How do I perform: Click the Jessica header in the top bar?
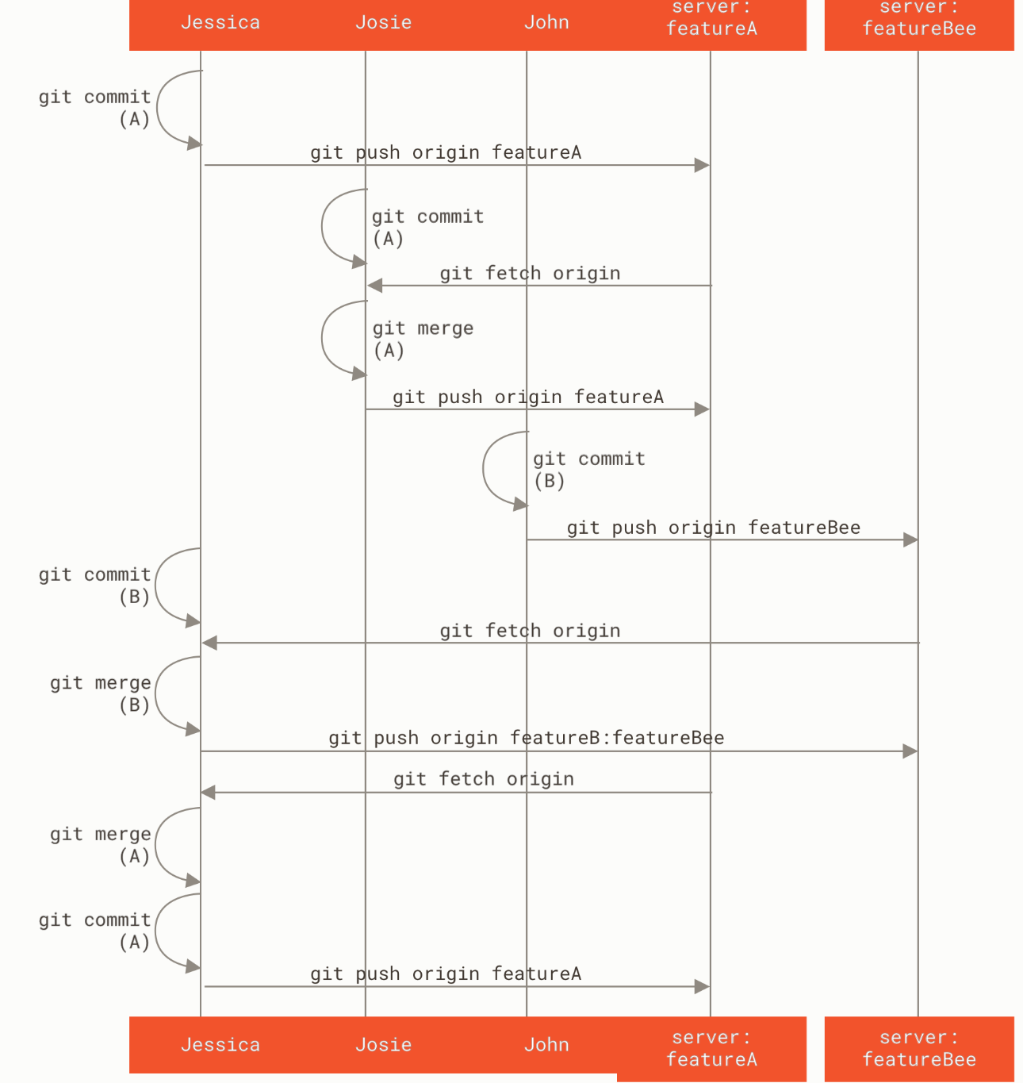point(220,22)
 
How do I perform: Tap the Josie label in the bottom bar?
point(383,1044)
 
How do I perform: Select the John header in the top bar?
point(546,22)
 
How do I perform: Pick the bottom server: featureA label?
point(711,1048)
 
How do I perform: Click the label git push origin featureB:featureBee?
point(526,738)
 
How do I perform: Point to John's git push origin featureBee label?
point(713,528)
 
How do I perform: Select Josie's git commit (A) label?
point(427,228)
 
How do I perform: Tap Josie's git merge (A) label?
point(423,340)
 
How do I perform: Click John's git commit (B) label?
point(588,470)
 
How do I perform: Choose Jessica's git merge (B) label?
point(101,693)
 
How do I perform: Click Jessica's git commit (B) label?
point(95,586)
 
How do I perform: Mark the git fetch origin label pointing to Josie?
point(530,273)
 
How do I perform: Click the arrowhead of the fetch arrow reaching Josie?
point(374,285)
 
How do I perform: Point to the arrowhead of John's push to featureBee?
point(910,540)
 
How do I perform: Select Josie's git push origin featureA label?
point(527,397)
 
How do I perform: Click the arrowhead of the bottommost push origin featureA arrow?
point(702,986)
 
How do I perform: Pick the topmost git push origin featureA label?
point(445,152)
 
